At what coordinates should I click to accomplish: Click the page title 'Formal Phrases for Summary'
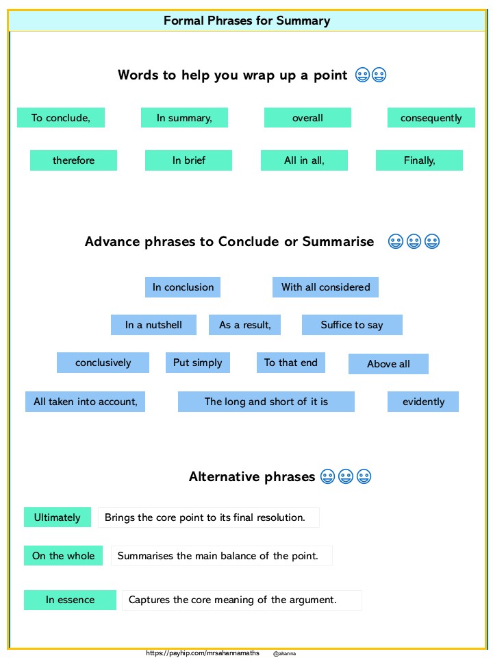pyautogui.click(x=246, y=21)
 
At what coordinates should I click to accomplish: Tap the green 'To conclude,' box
pyautogui.click(x=61, y=117)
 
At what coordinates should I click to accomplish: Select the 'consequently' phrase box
pyautogui.click(x=431, y=117)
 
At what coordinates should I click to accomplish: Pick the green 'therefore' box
pyautogui.click(x=73, y=160)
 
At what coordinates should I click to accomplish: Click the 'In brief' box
pyautogui.click(x=189, y=160)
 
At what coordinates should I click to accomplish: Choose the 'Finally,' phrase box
pyautogui.click(x=419, y=160)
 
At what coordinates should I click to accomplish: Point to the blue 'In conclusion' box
pyautogui.click(x=183, y=287)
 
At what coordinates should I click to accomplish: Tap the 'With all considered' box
pyautogui.click(x=325, y=287)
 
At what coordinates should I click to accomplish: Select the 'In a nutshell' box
pyautogui.click(x=153, y=325)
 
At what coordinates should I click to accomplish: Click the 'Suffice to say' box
pyautogui.click(x=352, y=325)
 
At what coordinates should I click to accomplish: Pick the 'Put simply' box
pyautogui.click(x=198, y=363)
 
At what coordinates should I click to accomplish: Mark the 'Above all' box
pyautogui.click(x=389, y=364)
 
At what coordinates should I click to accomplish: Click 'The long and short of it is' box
pyautogui.click(x=266, y=402)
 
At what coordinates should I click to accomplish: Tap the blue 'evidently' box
pyautogui.click(x=423, y=402)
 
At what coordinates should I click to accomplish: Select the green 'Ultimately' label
pyautogui.click(x=58, y=517)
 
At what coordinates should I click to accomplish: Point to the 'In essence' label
pyautogui.click(x=70, y=600)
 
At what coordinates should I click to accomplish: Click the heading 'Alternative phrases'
pyautogui.click(x=252, y=477)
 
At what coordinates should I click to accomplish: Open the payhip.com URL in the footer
pyautogui.click(x=203, y=653)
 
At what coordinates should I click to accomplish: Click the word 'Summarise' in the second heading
pyautogui.click(x=338, y=242)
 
